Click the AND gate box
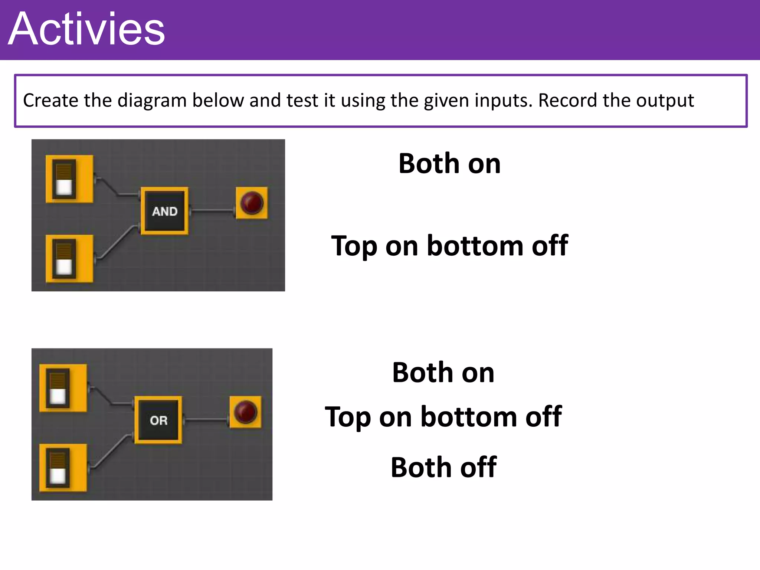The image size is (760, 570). pyautogui.click(x=164, y=211)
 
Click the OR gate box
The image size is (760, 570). pyautogui.click(x=158, y=420)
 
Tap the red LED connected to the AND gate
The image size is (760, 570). pyautogui.click(x=252, y=203)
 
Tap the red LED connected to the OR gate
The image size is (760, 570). pyautogui.click(x=245, y=412)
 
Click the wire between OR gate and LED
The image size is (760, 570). pyautogui.click(x=206, y=420)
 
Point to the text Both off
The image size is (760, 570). pyautogui.click(x=443, y=467)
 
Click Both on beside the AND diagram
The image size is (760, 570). pyautogui.click(x=449, y=164)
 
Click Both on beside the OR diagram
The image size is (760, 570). pyautogui.click(x=443, y=373)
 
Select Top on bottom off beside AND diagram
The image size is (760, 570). pyautogui.click(x=449, y=246)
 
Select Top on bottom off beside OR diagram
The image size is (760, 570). pyautogui.click(x=443, y=417)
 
